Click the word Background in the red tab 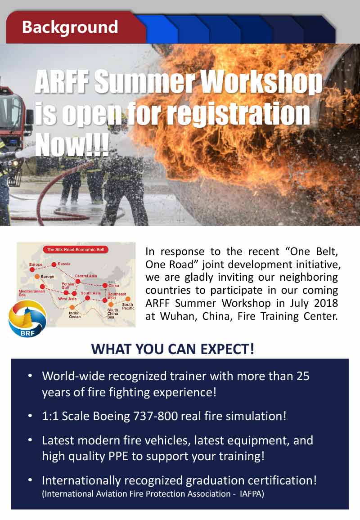coord(70,27)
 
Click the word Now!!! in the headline coord(72,144)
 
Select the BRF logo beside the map coord(27,319)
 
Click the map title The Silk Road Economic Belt coord(76,249)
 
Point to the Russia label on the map coord(64,264)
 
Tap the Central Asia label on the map coord(86,276)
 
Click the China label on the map coord(113,285)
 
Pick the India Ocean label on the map coord(75,315)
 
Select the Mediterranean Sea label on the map coord(31,292)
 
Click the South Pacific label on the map coord(128,306)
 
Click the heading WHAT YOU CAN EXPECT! coord(172,349)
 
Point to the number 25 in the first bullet coord(303,376)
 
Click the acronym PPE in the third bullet coord(118,456)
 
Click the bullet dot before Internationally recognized coord(30,480)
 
